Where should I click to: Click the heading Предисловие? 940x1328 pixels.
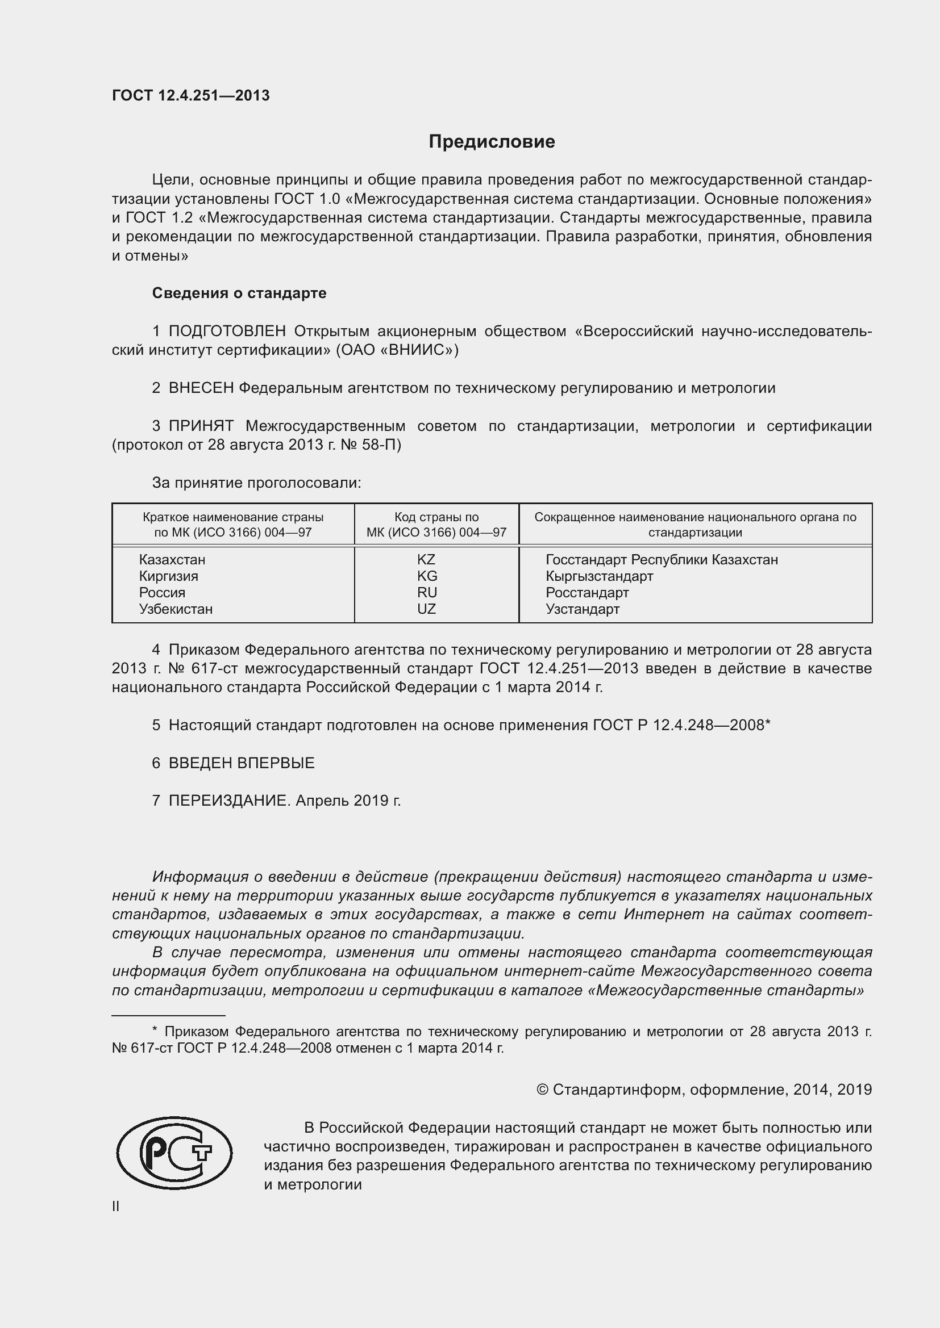coord(492,142)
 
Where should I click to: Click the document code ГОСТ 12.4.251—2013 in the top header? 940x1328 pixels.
coord(190,96)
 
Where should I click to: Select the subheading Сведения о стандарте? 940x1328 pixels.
coord(239,293)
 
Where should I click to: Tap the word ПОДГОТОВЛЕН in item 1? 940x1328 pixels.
coord(227,332)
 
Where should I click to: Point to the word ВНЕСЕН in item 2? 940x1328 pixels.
coord(201,388)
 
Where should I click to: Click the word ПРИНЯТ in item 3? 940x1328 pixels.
coord(201,426)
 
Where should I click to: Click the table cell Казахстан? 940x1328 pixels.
coord(172,560)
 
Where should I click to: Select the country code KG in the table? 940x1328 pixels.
coord(427,576)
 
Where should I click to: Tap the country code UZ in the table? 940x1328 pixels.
coord(427,609)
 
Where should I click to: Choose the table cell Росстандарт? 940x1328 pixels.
coord(587,593)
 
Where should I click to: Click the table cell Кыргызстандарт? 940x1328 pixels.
coord(599,576)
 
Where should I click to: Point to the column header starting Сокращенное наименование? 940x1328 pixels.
coord(694,525)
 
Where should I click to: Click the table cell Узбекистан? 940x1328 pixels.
coord(176,609)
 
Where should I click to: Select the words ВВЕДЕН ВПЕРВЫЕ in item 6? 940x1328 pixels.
coord(242,763)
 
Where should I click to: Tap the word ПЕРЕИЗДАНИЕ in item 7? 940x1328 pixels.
coord(228,801)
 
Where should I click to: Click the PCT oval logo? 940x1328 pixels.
coord(174,1153)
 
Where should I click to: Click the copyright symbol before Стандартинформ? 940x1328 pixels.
coord(542,1090)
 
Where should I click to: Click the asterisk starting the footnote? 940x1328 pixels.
coord(155,1030)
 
